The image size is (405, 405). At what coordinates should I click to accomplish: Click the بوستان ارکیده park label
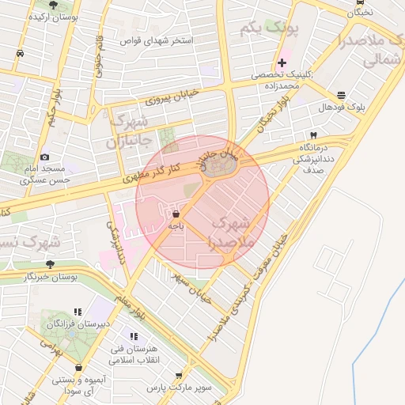55,17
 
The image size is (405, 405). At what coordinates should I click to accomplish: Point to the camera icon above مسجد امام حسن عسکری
44,157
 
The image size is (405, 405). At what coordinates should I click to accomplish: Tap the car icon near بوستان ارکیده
19,54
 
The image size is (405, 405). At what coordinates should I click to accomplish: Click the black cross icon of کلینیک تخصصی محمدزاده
282,62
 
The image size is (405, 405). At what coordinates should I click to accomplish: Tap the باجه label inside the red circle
176,226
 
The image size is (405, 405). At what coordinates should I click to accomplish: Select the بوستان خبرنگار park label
50,276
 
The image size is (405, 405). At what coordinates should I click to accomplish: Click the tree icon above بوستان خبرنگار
50,264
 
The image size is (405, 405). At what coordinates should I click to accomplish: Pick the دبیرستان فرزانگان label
78,324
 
